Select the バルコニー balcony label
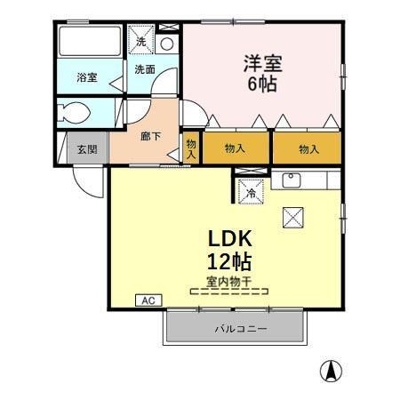pyautogui.click(x=239, y=328)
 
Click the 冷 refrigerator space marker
pyautogui.click(x=252, y=189)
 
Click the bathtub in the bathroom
pyautogui.click(x=89, y=41)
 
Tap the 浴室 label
pyautogui.click(x=86, y=78)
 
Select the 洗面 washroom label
pyautogui.click(x=145, y=69)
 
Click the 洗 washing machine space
pyautogui.click(x=140, y=40)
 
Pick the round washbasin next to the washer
pyautogui.click(x=167, y=43)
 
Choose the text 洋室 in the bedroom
pyautogui.click(x=262, y=63)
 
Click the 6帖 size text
pyautogui.click(x=262, y=86)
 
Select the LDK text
pyautogui.click(x=231, y=239)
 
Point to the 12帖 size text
pyautogui.click(x=231, y=262)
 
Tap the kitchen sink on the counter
pyautogui.click(x=292, y=180)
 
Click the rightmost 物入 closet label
pyautogui.click(x=308, y=148)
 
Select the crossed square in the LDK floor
pyautogui.click(x=292, y=216)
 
